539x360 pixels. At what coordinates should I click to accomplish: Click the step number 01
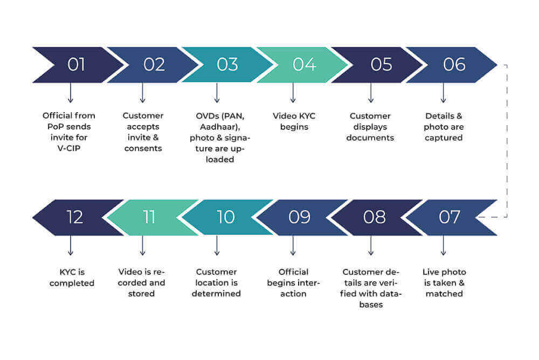click(x=76, y=65)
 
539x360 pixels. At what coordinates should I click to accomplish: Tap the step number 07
click(x=449, y=217)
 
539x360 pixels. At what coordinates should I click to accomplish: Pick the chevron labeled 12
click(x=75, y=217)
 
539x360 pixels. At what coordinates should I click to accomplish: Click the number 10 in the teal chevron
click(x=225, y=217)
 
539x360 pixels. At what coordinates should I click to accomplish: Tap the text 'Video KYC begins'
click(x=294, y=121)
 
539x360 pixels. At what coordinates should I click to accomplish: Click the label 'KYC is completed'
click(x=72, y=278)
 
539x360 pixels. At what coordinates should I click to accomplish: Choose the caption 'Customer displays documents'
click(x=370, y=127)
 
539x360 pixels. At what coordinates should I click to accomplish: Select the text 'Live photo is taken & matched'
click(x=444, y=282)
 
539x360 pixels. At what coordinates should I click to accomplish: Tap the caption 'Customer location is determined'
click(x=216, y=282)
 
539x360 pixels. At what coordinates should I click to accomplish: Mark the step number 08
click(x=374, y=217)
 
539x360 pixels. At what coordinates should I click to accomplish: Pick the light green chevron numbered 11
click(x=149, y=217)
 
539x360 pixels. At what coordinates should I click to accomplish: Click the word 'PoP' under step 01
click(x=54, y=127)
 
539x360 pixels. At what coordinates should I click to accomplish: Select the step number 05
click(x=381, y=65)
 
